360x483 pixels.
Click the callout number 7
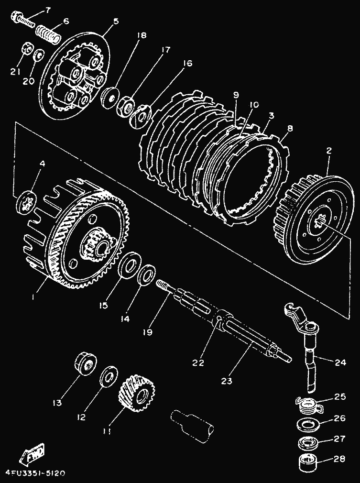coord(48,10)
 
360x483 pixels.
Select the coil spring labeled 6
coord(48,34)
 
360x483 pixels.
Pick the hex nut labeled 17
coord(126,106)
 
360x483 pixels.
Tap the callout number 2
coord(329,151)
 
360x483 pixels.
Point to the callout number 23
coord(226,381)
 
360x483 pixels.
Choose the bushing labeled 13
coord(86,363)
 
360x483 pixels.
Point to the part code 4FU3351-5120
coord(34,473)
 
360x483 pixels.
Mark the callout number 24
coord(340,362)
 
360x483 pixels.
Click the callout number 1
coord(33,297)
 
